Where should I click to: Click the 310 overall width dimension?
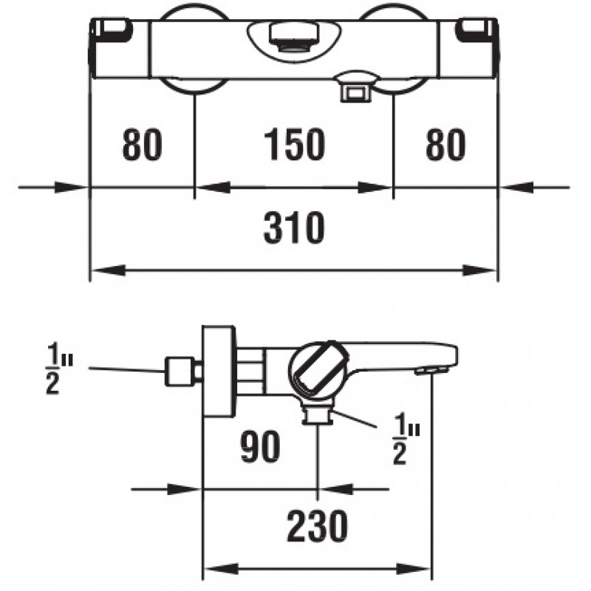point(294,228)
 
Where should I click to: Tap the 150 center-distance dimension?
point(294,144)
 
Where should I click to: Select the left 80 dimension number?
point(142,144)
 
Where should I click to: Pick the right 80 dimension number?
point(445,144)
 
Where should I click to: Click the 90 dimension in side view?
point(261,446)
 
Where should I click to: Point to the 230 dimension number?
point(318,526)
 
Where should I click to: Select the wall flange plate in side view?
point(219,372)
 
